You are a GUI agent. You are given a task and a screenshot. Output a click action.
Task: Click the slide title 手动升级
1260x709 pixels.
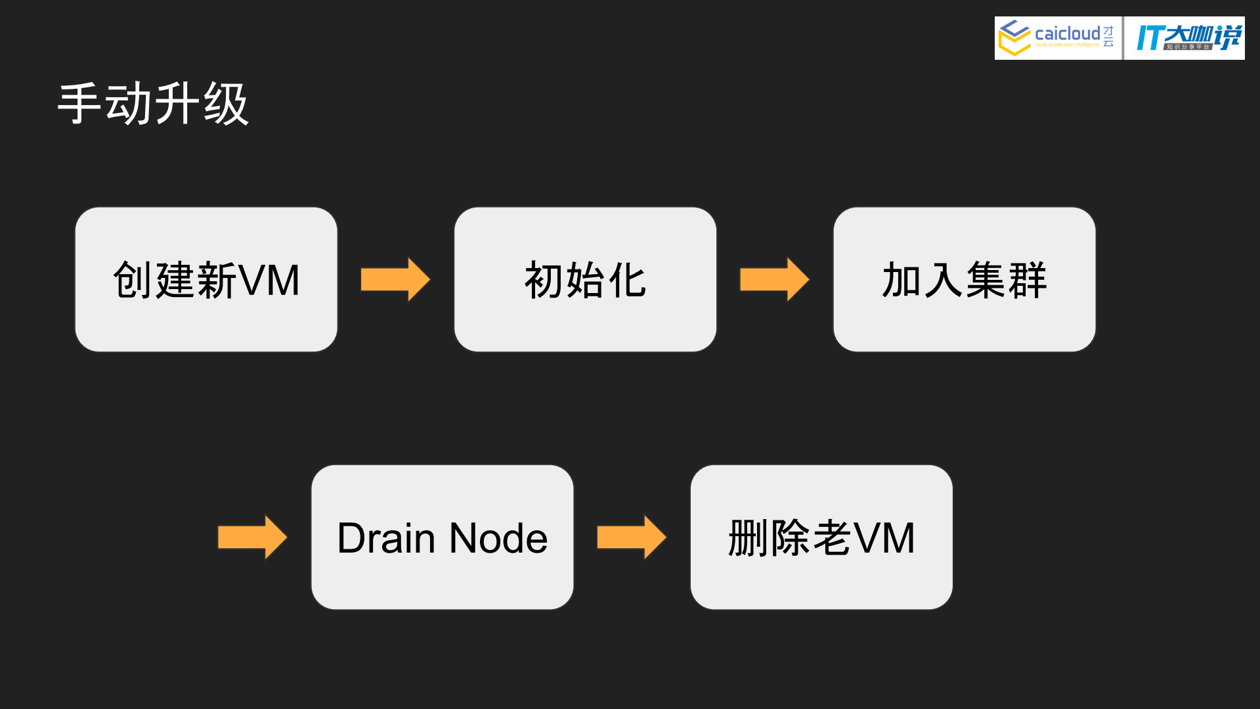click(153, 104)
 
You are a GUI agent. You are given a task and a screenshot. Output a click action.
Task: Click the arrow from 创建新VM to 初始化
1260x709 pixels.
click(395, 279)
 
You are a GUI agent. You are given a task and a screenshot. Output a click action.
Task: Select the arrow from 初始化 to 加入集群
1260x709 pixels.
click(774, 279)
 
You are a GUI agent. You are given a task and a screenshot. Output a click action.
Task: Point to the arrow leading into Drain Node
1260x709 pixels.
click(252, 537)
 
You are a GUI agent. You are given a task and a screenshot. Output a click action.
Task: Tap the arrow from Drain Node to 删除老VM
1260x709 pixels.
click(631, 537)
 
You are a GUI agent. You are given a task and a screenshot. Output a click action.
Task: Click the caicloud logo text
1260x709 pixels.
click(1067, 34)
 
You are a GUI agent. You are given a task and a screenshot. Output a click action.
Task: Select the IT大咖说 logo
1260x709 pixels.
click(1188, 37)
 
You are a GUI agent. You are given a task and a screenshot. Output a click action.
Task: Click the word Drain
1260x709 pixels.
click(386, 538)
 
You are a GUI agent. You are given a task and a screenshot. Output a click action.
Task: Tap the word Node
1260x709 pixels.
click(498, 538)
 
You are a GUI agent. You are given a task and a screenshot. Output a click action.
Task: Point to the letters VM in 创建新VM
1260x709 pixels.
click(269, 281)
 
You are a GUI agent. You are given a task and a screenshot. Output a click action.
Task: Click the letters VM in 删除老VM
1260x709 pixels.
click(884, 538)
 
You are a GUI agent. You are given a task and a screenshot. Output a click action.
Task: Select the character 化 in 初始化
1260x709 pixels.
click(628, 281)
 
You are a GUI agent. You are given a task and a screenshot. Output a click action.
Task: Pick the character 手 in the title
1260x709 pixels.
click(79, 104)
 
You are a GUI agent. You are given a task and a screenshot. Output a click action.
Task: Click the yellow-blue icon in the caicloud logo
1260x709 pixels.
click(1014, 37)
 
